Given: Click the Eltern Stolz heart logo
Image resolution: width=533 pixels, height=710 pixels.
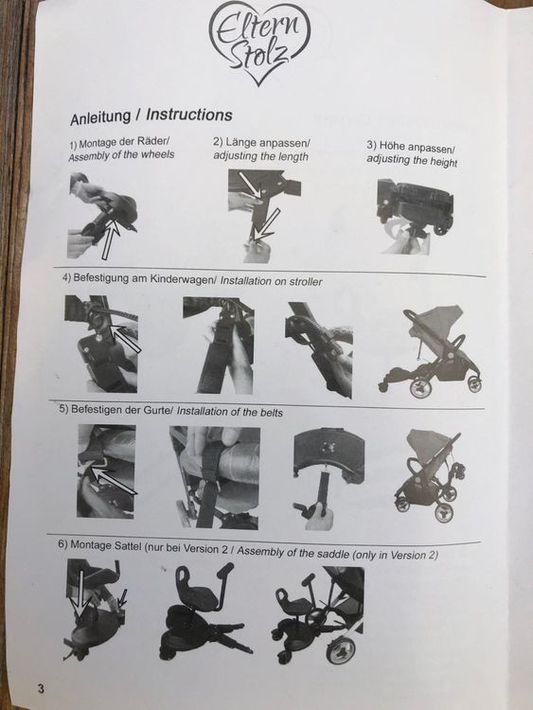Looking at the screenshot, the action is (260, 42).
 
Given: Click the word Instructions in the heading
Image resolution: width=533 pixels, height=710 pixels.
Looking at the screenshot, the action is (188, 115).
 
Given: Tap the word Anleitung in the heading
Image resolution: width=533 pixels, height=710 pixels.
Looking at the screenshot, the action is (99, 117).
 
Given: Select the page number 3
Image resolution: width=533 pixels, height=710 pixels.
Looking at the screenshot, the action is (42, 689).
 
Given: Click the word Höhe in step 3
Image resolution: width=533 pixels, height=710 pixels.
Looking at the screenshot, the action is (392, 146).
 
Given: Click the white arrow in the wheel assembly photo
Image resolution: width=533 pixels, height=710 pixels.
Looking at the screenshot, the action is (110, 241).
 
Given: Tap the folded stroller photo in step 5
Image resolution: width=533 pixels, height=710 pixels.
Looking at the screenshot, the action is (430, 474).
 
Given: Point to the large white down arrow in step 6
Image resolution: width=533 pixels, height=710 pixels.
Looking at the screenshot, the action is (81, 595).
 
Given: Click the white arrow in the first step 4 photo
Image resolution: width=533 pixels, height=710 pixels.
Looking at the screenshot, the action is (125, 338).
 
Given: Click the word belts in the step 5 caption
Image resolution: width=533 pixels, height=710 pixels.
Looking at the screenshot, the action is (272, 413).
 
